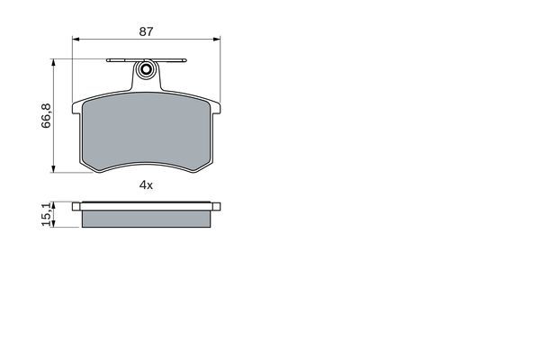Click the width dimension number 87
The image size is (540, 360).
(146, 31)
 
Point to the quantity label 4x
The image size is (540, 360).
(146, 184)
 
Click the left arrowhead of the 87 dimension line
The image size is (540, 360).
(76, 40)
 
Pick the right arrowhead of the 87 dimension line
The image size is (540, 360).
(217, 40)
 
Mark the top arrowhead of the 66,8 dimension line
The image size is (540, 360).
(56, 62)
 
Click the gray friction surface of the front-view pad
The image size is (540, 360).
(146, 130)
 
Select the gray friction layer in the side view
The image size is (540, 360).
(146, 218)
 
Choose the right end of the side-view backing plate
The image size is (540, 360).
(217, 206)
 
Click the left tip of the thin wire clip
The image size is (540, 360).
(108, 61)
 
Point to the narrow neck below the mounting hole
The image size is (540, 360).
(146, 84)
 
